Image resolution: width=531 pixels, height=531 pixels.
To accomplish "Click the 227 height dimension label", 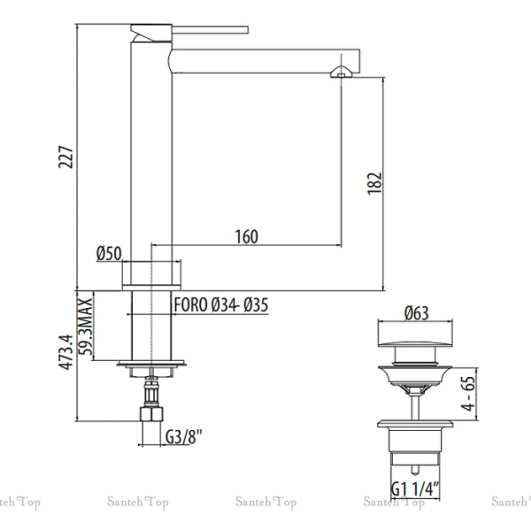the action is point(65,158).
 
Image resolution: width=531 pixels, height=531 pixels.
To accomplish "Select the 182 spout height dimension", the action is point(374,183).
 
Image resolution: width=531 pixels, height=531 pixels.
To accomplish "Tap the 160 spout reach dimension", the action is point(247,236).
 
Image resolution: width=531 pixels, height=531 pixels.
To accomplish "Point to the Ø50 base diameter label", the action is point(109,254).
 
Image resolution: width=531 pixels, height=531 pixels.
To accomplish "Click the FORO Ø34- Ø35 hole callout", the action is point(220,304).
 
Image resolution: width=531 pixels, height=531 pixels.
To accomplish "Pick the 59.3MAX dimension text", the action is point(85,327).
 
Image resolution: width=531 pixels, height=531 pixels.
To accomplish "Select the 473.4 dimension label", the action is point(65,352).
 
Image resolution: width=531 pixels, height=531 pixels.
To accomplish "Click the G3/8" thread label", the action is point(183,437).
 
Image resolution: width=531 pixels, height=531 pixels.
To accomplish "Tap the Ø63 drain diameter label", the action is point(417,313).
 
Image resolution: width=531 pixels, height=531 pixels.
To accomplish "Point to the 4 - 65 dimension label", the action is point(469,394).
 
